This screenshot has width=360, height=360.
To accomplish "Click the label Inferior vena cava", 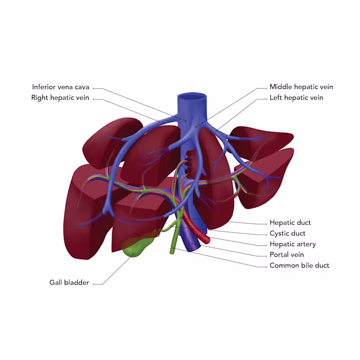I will pos(61,87).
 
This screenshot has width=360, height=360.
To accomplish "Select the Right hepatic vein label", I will pos(60,98).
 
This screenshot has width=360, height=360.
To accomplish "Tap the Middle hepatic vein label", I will pos(301,87).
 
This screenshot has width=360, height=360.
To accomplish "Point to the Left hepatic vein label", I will pos(296,98).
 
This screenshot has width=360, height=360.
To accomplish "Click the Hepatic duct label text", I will pos(290,222).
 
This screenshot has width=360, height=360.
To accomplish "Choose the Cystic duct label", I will pos(287,233).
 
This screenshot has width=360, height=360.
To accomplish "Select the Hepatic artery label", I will pos(292,244).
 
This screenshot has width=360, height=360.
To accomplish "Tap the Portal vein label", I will pos(287,255).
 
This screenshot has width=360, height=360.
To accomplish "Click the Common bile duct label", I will pos(299,265).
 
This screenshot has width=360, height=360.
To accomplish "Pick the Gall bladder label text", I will pos(69,283).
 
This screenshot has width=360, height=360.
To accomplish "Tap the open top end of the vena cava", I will pos(192,96).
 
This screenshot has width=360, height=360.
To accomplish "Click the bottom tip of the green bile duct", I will pos(172,251).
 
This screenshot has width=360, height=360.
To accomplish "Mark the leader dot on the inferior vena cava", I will pos(186,121).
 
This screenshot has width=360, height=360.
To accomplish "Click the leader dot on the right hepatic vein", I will pos(159,121).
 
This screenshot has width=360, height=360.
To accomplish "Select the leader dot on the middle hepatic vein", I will pos(196,127).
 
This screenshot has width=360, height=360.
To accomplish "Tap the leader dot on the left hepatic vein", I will pos(217,131).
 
